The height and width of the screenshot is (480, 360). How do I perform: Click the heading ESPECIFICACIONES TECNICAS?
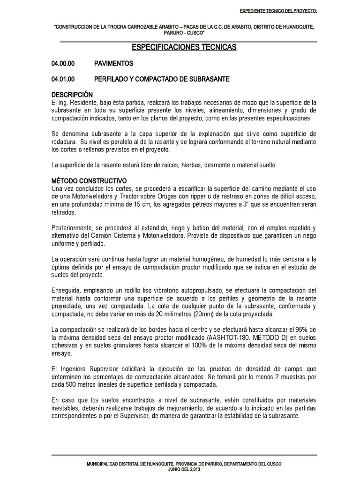click(x=184, y=48)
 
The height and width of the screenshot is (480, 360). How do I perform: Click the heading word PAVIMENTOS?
click(x=113, y=63)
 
